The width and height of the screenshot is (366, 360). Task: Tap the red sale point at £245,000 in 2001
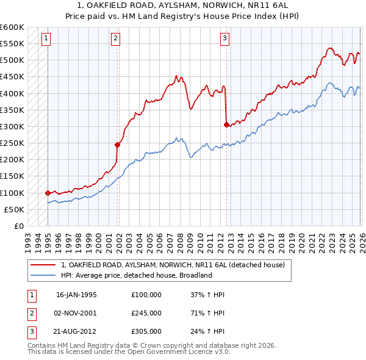pyautogui.click(x=118, y=145)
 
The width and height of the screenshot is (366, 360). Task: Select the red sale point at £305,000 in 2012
pyautogui.click(x=227, y=124)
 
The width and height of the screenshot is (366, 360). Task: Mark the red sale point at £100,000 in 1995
pyautogui.click(x=48, y=193)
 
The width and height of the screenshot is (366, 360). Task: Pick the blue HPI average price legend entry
pyautogui.click(x=135, y=275)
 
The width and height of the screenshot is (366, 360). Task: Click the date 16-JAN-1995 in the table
pyautogui.click(x=76, y=294)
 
